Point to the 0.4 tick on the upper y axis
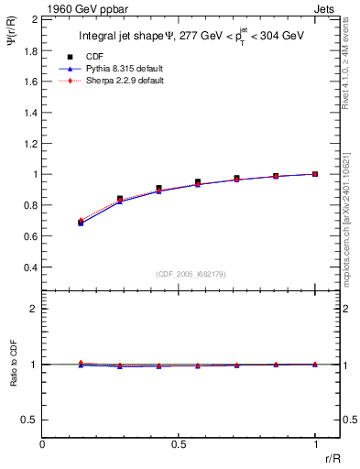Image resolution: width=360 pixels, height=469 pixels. pyautogui.click(x=43, y=267)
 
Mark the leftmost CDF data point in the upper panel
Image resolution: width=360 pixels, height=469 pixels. pyautogui.click(x=81, y=223)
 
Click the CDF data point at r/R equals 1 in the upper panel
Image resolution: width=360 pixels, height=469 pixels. pyautogui.click(x=315, y=174)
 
